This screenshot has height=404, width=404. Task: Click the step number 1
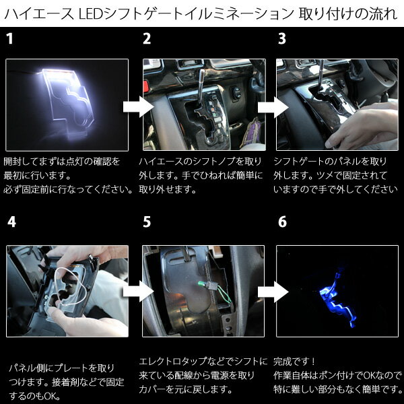click(9, 38)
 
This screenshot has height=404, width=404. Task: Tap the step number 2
click(147, 38)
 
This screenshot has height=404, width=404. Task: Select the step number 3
click(282, 38)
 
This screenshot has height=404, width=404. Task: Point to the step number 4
click(11, 222)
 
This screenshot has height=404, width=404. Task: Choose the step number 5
click(147, 222)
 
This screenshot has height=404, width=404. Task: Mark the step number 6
click(282, 222)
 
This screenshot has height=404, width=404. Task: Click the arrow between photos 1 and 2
click(138, 106)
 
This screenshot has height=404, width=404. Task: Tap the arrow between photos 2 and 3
click(273, 106)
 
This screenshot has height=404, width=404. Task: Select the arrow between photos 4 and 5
click(138, 291)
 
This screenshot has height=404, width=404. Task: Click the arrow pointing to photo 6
click(273, 291)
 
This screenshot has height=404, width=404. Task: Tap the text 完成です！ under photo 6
click(294, 361)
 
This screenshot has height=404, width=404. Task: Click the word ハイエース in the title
click(39, 14)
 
